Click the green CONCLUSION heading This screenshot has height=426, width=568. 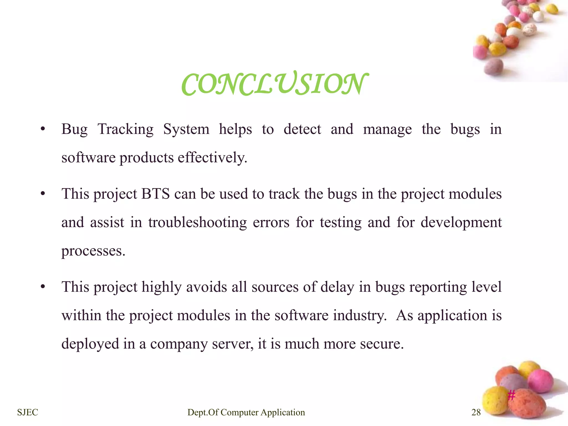(x=275, y=84)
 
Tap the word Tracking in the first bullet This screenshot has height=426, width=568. (x=125, y=130)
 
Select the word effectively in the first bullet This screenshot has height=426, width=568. (x=212, y=158)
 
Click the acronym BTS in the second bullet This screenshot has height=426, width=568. (x=155, y=194)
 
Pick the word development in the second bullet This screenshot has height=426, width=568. (x=461, y=222)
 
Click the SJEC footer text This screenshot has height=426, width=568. (x=27, y=412)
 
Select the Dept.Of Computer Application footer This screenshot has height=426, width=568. (x=246, y=412)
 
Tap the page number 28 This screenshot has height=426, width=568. (x=476, y=412)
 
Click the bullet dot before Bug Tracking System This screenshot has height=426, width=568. (x=42, y=129)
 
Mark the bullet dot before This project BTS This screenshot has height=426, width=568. (x=42, y=194)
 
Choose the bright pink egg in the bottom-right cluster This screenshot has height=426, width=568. (x=540, y=381)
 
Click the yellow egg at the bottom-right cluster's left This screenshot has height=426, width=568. (x=495, y=400)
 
